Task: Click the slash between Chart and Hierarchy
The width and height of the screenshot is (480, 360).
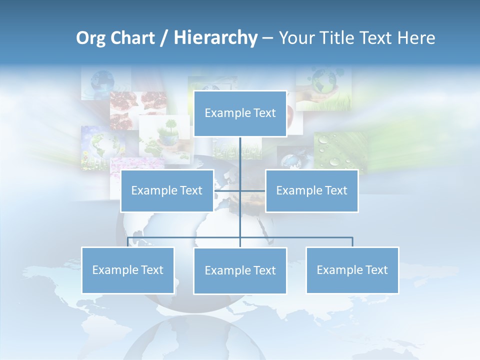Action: tap(163, 38)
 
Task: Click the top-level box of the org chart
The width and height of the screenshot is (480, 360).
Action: tap(240, 113)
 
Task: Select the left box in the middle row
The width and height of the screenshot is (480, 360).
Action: tap(167, 190)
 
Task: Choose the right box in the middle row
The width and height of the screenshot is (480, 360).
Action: tap(311, 190)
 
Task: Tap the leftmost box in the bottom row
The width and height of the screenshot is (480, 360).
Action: tap(127, 270)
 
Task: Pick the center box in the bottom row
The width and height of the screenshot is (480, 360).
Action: tap(240, 270)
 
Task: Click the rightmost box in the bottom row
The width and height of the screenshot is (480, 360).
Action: tap(352, 270)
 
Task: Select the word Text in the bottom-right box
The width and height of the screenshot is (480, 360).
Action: tap(376, 270)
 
